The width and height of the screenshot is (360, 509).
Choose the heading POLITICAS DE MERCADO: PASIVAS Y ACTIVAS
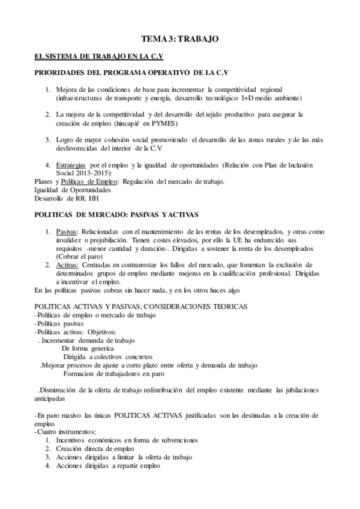coord(116,214)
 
